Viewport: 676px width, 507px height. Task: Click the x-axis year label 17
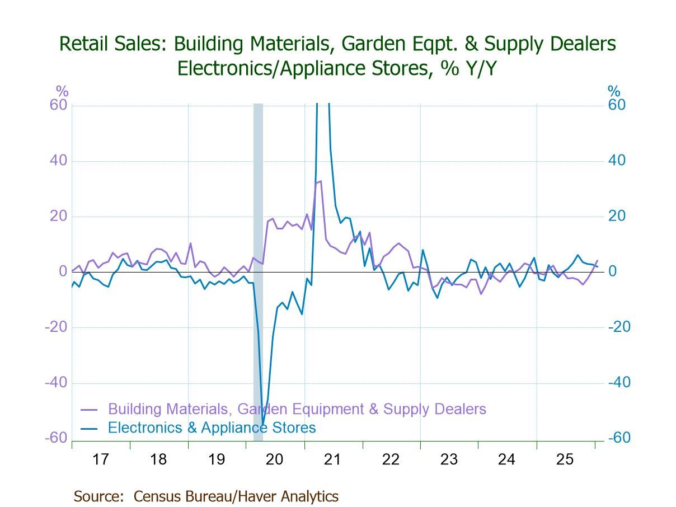(100, 459)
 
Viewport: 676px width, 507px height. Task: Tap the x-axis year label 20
(274, 459)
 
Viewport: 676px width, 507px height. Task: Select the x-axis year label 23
(449, 459)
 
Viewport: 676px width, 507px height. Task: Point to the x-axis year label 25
(565, 459)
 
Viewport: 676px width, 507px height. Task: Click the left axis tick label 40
(58, 161)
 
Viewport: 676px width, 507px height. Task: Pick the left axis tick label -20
(56, 327)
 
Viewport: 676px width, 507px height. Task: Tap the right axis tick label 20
(617, 216)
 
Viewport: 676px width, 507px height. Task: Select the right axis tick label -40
(619, 383)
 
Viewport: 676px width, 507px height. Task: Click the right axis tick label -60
(619, 438)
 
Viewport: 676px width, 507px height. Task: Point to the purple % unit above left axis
(62, 91)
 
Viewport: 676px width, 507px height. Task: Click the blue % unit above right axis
(614, 91)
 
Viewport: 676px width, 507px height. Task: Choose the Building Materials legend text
(297, 409)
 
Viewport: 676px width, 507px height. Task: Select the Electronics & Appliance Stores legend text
(212, 428)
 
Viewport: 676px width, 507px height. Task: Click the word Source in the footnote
(97, 496)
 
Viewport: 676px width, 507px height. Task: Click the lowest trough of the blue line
(262, 424)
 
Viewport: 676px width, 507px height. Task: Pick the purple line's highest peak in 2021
(321, 181)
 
